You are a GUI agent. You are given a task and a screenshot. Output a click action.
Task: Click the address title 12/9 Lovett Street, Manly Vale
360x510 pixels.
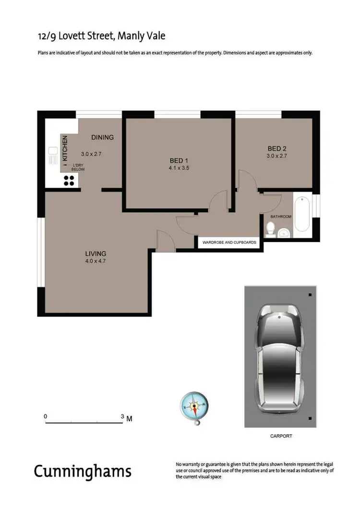pyautogui.click(x=102, y=36)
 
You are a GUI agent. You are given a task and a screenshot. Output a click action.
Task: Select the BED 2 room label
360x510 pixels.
pyautogui.click(x=276, y=148)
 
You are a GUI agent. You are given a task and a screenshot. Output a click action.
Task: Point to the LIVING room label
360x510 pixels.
pyautogui.click(x=96, y=254)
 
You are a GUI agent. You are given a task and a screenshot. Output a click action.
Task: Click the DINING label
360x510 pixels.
pyautogui.click(x=103, y=137)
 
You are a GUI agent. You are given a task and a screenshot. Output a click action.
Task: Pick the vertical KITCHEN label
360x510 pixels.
pyautogui.click(x=65, y=148)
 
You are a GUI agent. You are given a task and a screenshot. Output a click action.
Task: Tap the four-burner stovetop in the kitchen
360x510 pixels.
pyautogui.click(x=69, y=180)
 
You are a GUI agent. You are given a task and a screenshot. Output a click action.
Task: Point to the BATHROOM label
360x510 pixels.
pyautogui.click(x=281, y=217)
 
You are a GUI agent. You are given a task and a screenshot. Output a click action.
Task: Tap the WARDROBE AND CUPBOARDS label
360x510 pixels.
pyautogui.click(x=230, y=243)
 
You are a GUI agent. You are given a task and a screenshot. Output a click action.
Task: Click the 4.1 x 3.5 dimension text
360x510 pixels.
pyautogui.click(x=179, y=168)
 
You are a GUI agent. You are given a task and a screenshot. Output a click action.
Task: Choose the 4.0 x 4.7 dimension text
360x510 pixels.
pyautogui.click(x=96, y=261)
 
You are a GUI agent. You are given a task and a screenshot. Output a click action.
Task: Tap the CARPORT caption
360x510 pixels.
pyautogui.click(x=281, y=436)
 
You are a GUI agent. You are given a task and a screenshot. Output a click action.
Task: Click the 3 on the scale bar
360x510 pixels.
pyautogui.click(x=122, y=416)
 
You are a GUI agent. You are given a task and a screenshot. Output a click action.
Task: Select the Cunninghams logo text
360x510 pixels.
pyautogui.click(x=83, y=471)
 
